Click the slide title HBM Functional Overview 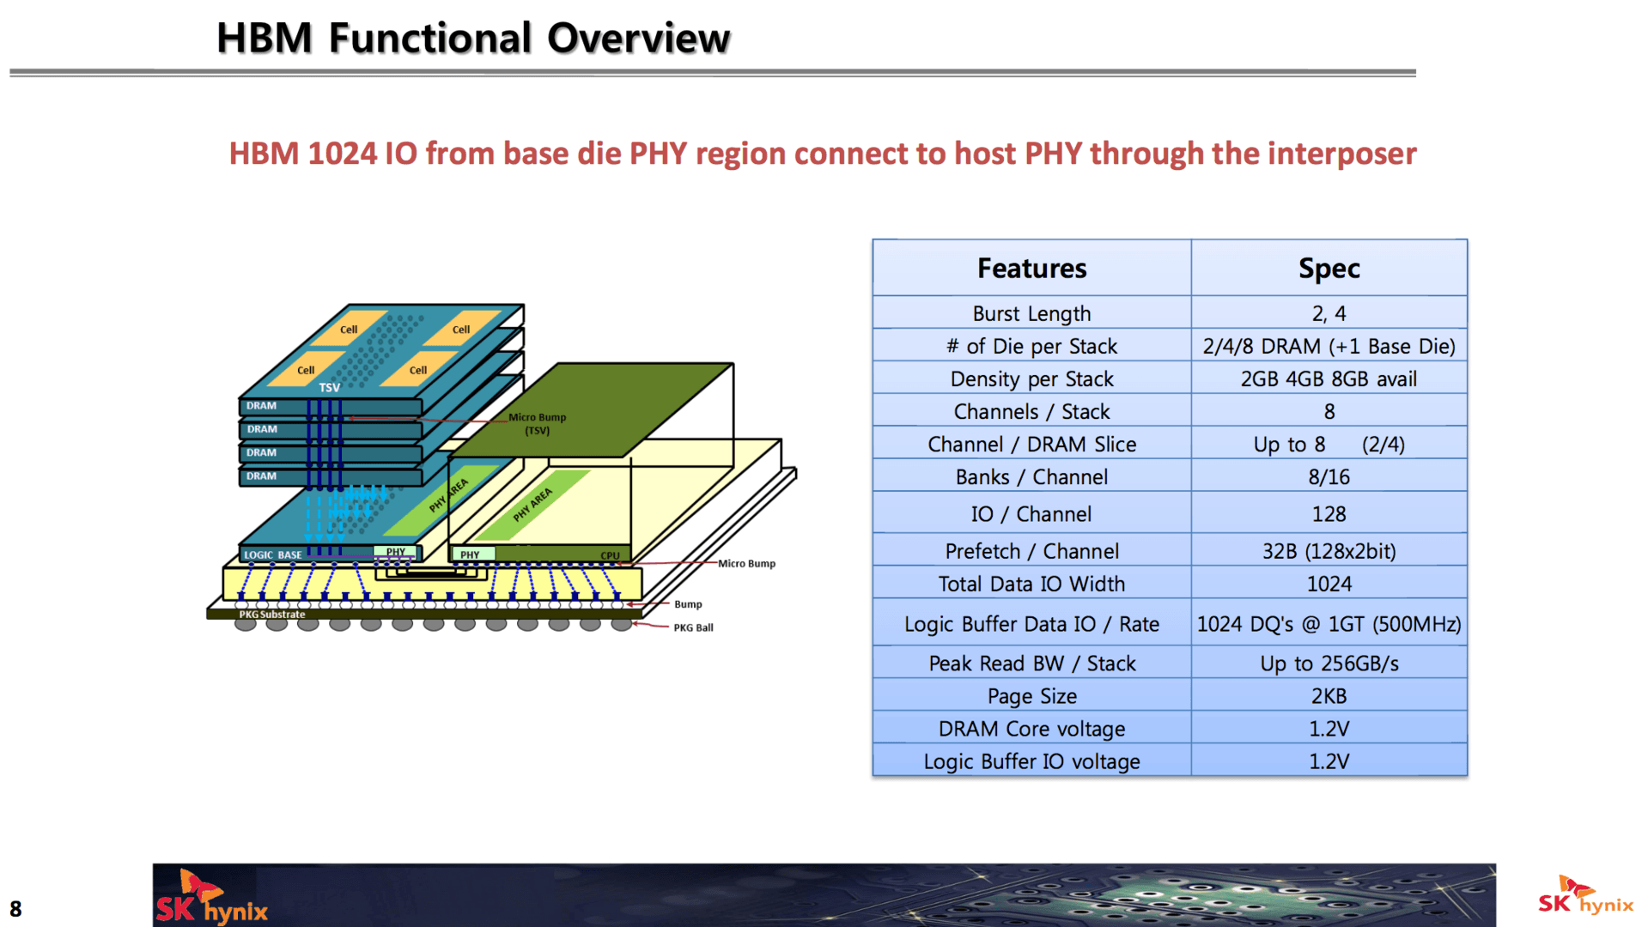[472, 39]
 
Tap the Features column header [1031, 269]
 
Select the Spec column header [1329, 269]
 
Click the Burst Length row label [1031, 313]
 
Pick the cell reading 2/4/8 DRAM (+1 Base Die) [1329, 346]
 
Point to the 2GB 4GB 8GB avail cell [1329, 379]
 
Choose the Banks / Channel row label [1031, 476]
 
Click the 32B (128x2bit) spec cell [1329, 551]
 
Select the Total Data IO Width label [1031, 584]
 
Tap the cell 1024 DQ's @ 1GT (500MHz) [1329, 624]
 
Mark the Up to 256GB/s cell [1329, 663]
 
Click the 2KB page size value [1329, 696]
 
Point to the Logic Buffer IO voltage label [1031, 761]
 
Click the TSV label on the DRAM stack [330, 388]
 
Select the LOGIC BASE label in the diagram [272, 555]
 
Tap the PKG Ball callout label [693, 627]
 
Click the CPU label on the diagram [610, 555]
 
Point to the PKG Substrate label [271, 615]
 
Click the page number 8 [15, 909]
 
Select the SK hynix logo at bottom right [1584, 897]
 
